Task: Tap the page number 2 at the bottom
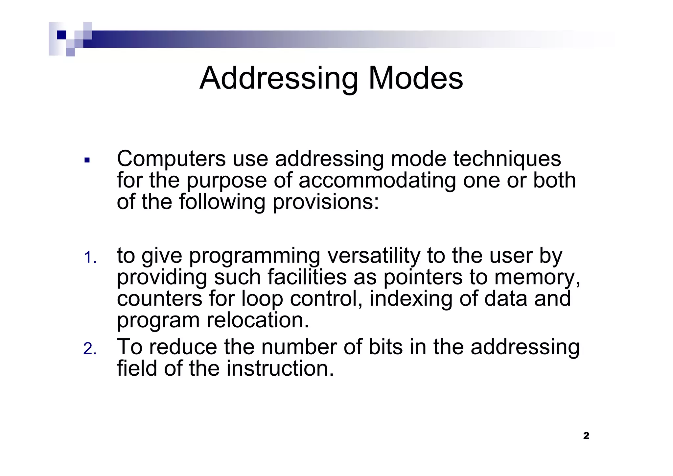(x=586, y=436)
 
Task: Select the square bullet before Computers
(x=87, y=161)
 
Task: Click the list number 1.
(x=89, y=258)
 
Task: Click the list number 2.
(x=89, y=349)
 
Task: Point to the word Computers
(x=171, y=159)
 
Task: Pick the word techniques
(x=507, y=159)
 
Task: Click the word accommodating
(x=377, y=181)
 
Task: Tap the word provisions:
(x=326, y=202)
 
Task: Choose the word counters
(x=159, y=299)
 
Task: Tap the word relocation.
(x=258, y=320)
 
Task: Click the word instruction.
(x=280, y=368)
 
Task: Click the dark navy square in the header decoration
(x=61, y=35)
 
